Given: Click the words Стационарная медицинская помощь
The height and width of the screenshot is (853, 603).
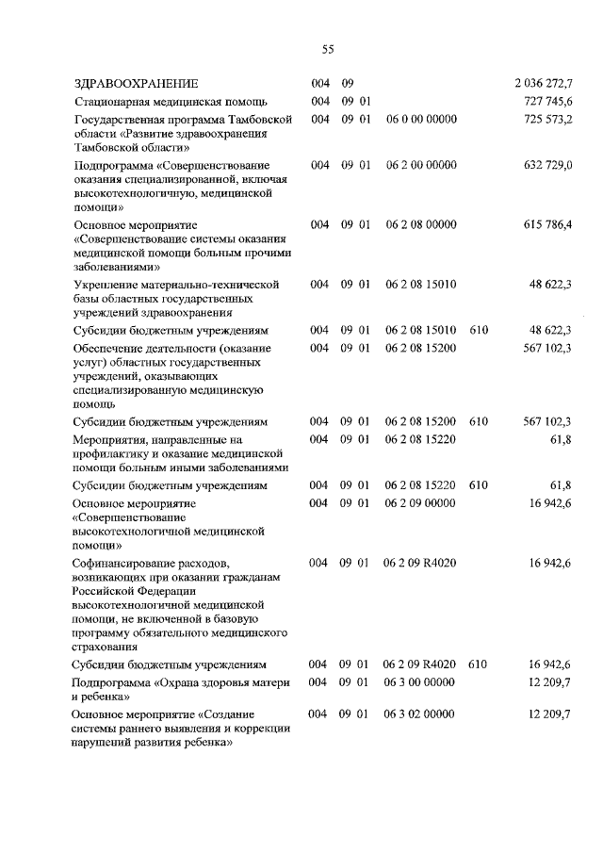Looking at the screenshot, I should (x=172, y=101).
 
